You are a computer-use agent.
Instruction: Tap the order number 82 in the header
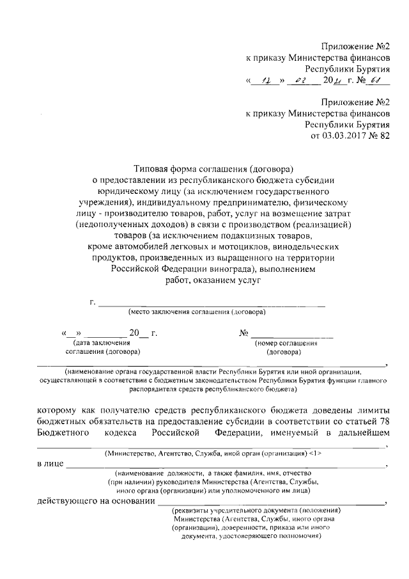pyautogui.click(x=383, y=136)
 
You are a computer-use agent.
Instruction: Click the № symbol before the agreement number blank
pyautogui.click(x=244, y=333)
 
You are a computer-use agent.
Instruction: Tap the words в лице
pyautogui.click(x=50, y=463)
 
